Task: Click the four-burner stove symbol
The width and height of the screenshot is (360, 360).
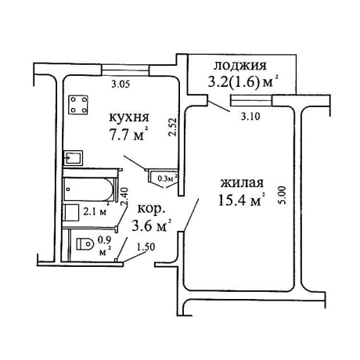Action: click(x=77, y=105)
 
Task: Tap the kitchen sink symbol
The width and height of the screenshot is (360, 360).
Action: click(x=74, y=158)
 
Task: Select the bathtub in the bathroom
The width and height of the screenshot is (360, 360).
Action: click(x=88, y=189)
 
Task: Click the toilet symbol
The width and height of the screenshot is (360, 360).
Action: click(x=85, y=244)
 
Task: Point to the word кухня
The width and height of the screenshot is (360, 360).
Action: click(x=129, y=118)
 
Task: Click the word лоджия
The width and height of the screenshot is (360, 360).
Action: click(x=240, y=65)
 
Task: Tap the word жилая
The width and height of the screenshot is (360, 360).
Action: click(x=242, y=182)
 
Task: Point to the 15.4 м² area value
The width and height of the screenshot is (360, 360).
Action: click(x=242, y=200)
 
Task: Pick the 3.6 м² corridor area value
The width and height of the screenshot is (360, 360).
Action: click(x=152, y=225)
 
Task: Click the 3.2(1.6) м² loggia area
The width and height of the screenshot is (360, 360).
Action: click(x=242, y=81)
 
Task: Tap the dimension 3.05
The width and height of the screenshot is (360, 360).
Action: click(x=121, y=85)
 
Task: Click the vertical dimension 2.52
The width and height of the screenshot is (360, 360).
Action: click(x=172, y=128)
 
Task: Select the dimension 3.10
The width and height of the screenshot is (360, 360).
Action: click(x=250, y=116)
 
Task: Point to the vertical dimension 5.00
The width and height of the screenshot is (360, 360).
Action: click(x=283, y=195)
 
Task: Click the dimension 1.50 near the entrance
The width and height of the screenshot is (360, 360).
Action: click(x=146, y=247)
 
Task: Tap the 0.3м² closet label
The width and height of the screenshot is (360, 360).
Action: click(x=167, y=178)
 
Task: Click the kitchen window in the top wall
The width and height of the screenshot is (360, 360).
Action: click(x=125, y=70)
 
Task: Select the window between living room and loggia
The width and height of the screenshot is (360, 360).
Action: click(x=251, y=100)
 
